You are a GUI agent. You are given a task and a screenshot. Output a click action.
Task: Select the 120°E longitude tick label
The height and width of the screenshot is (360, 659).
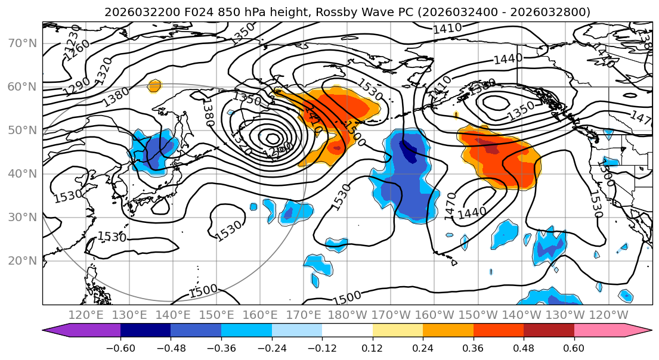click(86, 315)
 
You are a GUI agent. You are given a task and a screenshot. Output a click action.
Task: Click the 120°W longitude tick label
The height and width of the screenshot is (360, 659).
click(608, 315)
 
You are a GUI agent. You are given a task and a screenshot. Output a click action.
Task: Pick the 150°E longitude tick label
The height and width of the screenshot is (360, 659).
click(216, 315)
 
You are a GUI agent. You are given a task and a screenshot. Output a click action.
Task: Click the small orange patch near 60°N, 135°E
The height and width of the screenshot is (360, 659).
click(154, 86)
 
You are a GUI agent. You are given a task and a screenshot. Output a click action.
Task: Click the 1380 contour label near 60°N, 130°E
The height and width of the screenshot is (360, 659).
click(115, 97)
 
